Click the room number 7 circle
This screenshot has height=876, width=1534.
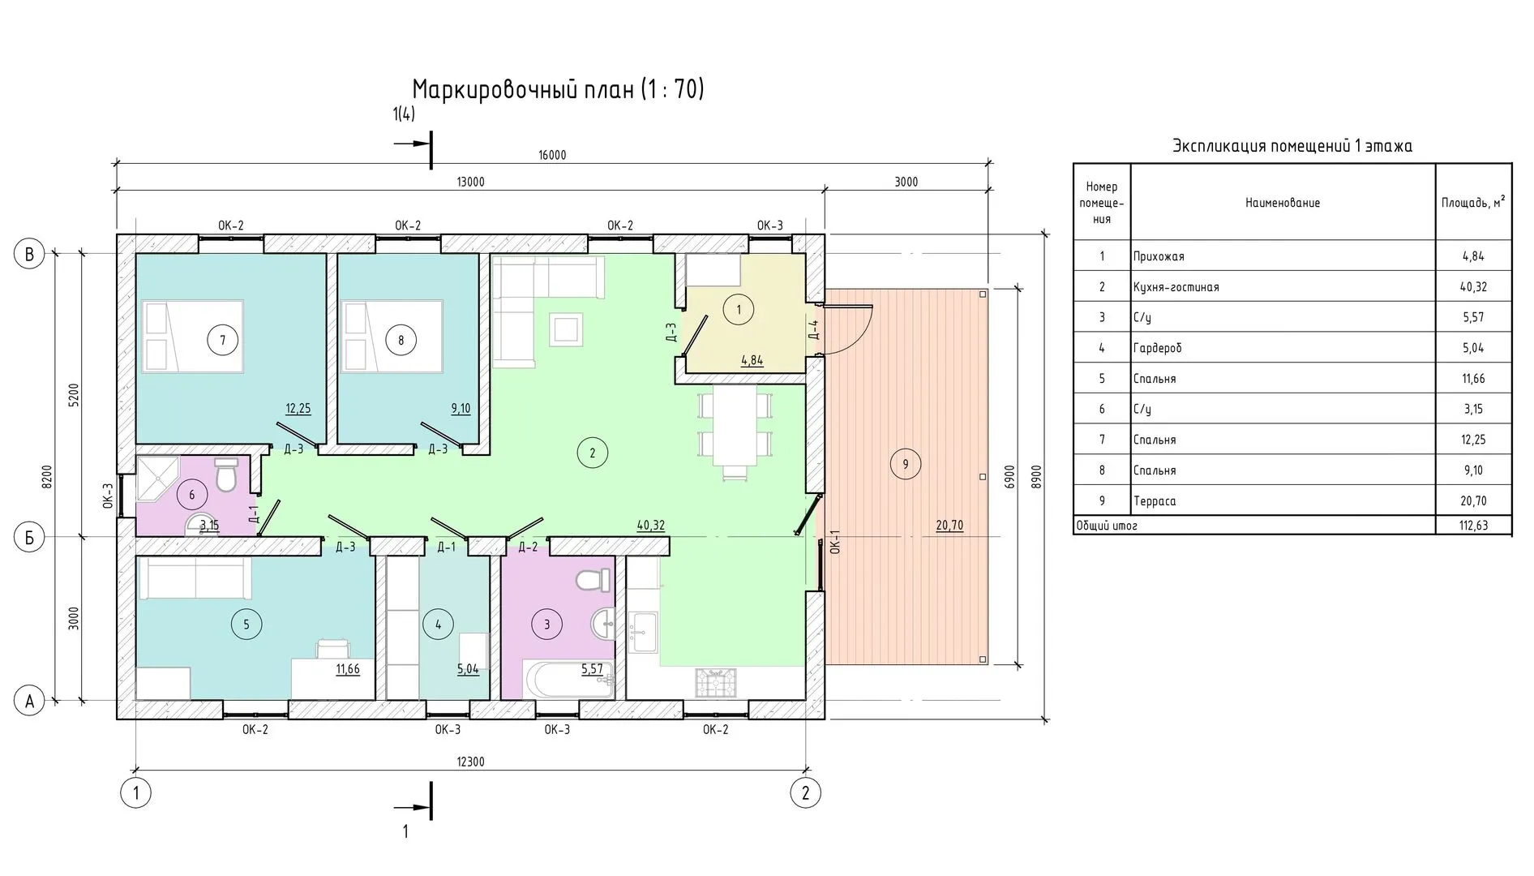[x=223, y=340]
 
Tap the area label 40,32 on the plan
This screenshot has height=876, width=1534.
[x=650, y=526]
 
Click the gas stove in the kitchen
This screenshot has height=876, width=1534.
[x=715, y=682]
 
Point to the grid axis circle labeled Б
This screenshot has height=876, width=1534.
[x=30, y=539]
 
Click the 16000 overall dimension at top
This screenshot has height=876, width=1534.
[x=551, y=155]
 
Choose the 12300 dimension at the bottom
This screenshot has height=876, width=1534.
[x=470, y=762]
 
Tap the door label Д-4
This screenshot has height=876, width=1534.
[x=814, y=329]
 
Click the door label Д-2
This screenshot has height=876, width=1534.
[x=528, y=547]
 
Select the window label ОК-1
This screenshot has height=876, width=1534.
[x=835, y=542]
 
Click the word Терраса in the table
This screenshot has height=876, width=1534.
[x=1155, y=501]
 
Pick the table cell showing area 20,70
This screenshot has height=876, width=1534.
[x=1473, y=501]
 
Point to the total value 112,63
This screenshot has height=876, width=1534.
[x=1473, y=526]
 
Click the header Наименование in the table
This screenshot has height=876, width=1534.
[x=1283, y=203]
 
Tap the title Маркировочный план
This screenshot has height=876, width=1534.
[x=523, y=89]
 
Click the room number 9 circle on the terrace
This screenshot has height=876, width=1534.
[x=905, y=464]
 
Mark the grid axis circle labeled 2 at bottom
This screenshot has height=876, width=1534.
[x=805, y=792]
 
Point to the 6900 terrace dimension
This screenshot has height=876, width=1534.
[x=1009, y=475]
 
